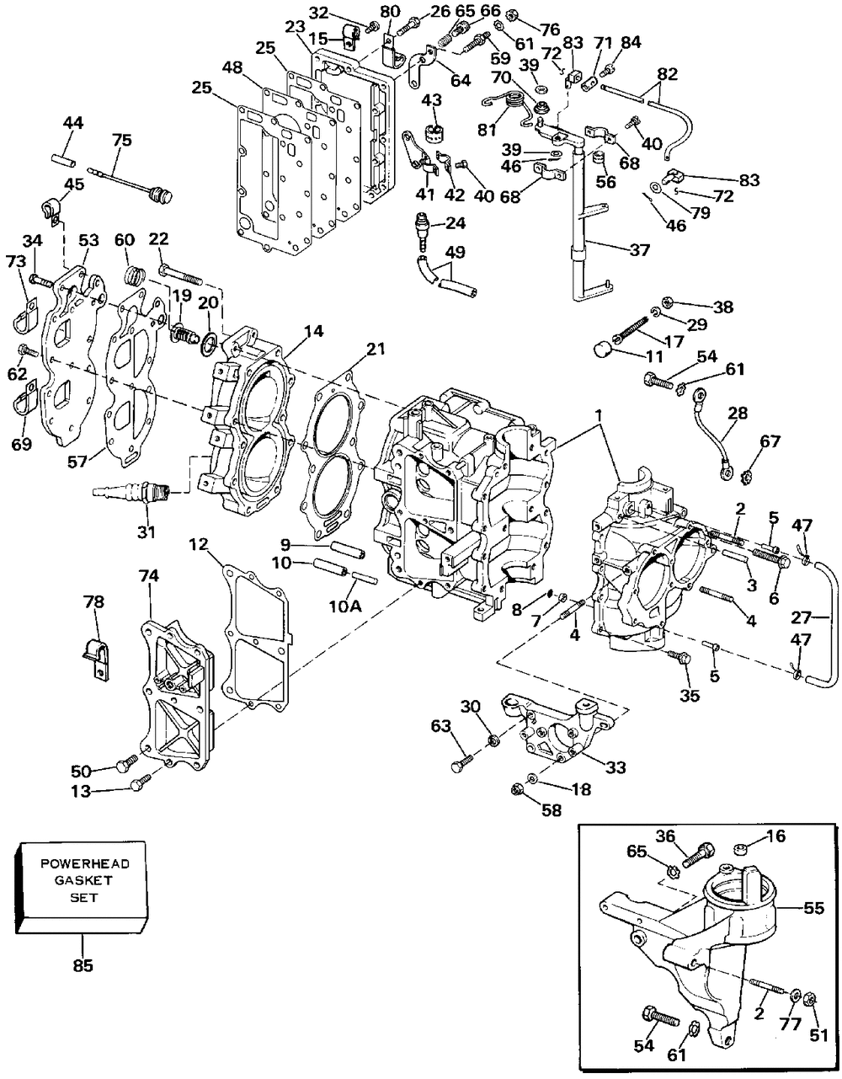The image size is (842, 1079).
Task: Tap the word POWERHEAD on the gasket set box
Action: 85,863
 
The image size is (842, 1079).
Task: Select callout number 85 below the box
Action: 83,966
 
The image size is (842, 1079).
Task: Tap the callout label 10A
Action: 344,606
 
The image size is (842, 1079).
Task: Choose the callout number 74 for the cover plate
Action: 149,576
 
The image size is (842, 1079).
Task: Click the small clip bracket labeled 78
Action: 96,658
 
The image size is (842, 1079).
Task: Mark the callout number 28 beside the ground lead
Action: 738,412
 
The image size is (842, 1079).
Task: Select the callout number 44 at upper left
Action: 72,122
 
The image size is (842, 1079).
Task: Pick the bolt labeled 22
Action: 180,275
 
